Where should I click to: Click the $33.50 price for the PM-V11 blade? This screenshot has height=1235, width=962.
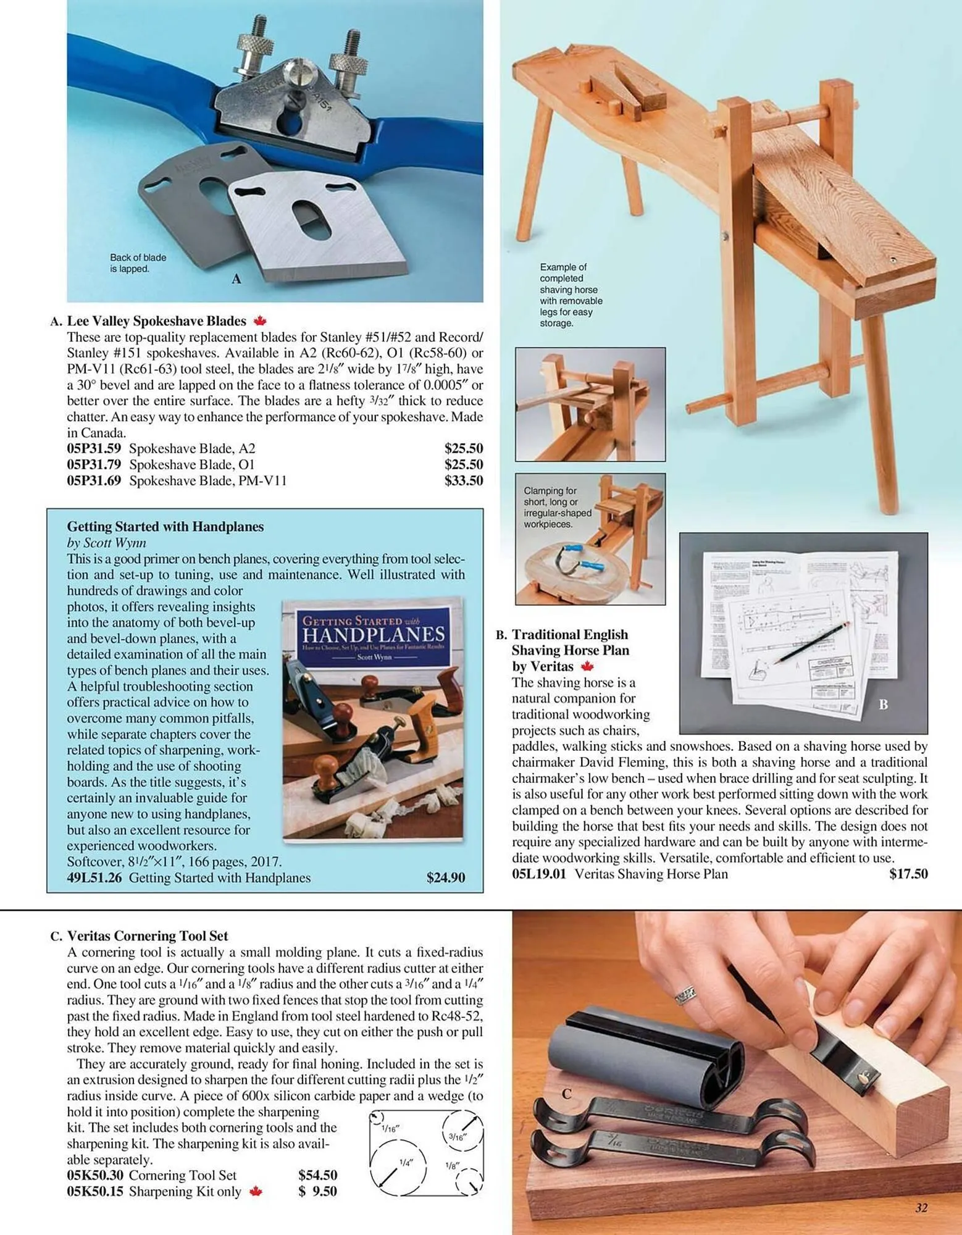(x=463, y=480)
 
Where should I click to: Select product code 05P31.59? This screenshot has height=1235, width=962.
(x=94, y=448)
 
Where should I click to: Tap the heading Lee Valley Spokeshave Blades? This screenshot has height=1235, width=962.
(x=156, y=321)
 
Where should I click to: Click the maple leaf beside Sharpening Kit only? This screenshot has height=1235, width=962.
(x=256, y=1191)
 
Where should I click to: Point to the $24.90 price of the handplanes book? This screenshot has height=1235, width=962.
(x=445, y=877)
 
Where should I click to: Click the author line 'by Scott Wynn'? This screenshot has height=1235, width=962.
(x=106, y=543)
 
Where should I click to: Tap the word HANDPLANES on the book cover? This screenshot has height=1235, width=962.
(x=373, y=634)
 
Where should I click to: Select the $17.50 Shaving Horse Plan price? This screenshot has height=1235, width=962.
(x=908, y=874)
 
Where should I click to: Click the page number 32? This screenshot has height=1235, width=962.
(x=921, y=1208)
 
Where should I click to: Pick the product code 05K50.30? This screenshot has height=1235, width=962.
(x=95, y=1175)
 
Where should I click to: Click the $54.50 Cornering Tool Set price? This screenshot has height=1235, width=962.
(x=317, y=1175)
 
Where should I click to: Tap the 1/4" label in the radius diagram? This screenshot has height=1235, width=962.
(x=405, y=1163)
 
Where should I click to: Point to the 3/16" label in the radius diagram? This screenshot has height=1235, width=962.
(x=458, y=1136)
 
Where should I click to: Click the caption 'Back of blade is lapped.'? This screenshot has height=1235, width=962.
(x=138, y=263)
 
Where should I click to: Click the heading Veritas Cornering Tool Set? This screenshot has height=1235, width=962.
(x=148, y=936)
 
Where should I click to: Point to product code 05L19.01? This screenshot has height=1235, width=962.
(x=538, y=874)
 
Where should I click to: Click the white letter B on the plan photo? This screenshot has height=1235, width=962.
(x=883, y=705)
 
